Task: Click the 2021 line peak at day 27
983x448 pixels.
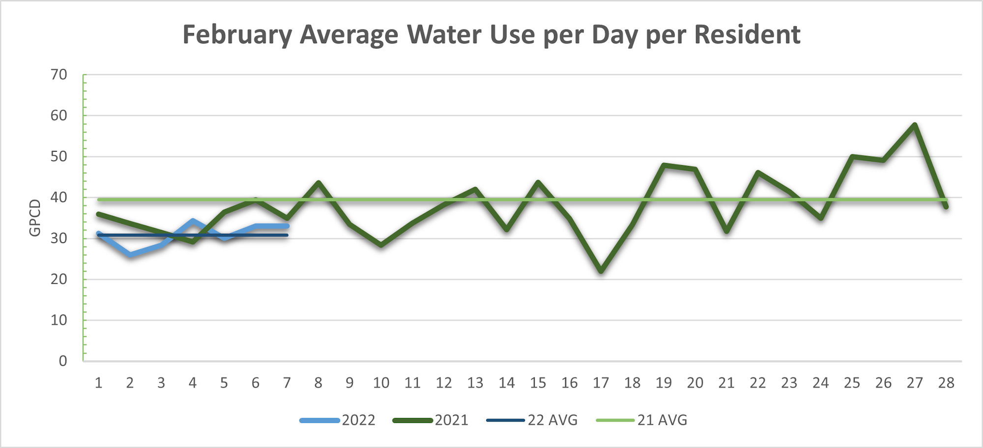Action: click(x=915, y=124)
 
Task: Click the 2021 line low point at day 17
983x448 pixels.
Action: click(x=601, y=271)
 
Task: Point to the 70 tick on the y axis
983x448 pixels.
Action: click(x=59, y=75)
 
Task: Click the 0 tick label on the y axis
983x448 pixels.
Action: click(x=63, y=361)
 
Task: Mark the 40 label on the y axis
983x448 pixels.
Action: click(x=59, y=197)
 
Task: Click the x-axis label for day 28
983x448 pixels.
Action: click(x=946, y=383)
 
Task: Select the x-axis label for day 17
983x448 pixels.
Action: click(x=601, y=383)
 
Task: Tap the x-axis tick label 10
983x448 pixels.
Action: click(x=381, y=383)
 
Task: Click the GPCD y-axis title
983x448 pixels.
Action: click(x=35, y=218)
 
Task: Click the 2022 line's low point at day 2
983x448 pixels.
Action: click(x=130, y=254)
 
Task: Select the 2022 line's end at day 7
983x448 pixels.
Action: click(x=287, y=226)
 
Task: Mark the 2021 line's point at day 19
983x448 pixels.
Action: click(x=664, y=165)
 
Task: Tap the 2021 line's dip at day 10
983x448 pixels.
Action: click(x=381, y=245)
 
